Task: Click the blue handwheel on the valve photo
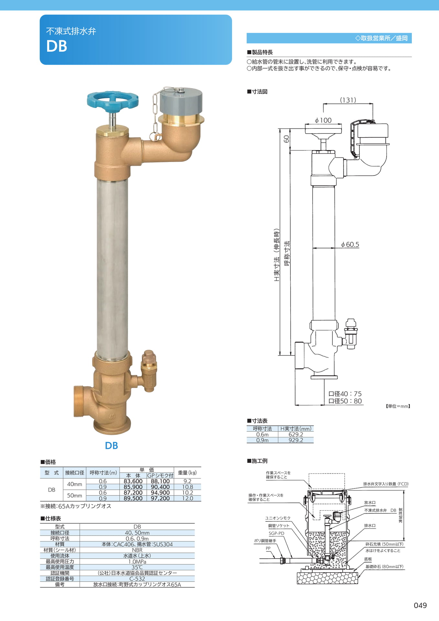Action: [x=112, y=100]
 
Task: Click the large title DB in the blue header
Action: [x=57, y=46]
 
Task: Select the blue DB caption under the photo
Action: [x=112, y=445]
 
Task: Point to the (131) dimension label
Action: [x=348, y=100]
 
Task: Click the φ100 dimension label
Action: [x=323, y=120]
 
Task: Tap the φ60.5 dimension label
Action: [x=350, y=245]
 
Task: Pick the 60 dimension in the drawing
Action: [x=286, y=139]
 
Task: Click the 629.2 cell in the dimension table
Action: [x=296, y=434]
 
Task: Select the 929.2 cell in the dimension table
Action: [x=296, y=440]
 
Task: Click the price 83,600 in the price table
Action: [x=133, y=481]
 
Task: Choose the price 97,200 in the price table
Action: [x=160, y=498]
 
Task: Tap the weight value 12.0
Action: [x=187, y=498]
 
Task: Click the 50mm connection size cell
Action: [x=75, y=496]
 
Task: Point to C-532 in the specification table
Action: [x=137, y=579]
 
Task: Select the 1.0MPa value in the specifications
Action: [x=137, y=562]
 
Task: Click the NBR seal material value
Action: [x=137, y=550]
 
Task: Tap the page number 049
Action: [x=420, y=605]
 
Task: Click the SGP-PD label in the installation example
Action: [x=276, y=533]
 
